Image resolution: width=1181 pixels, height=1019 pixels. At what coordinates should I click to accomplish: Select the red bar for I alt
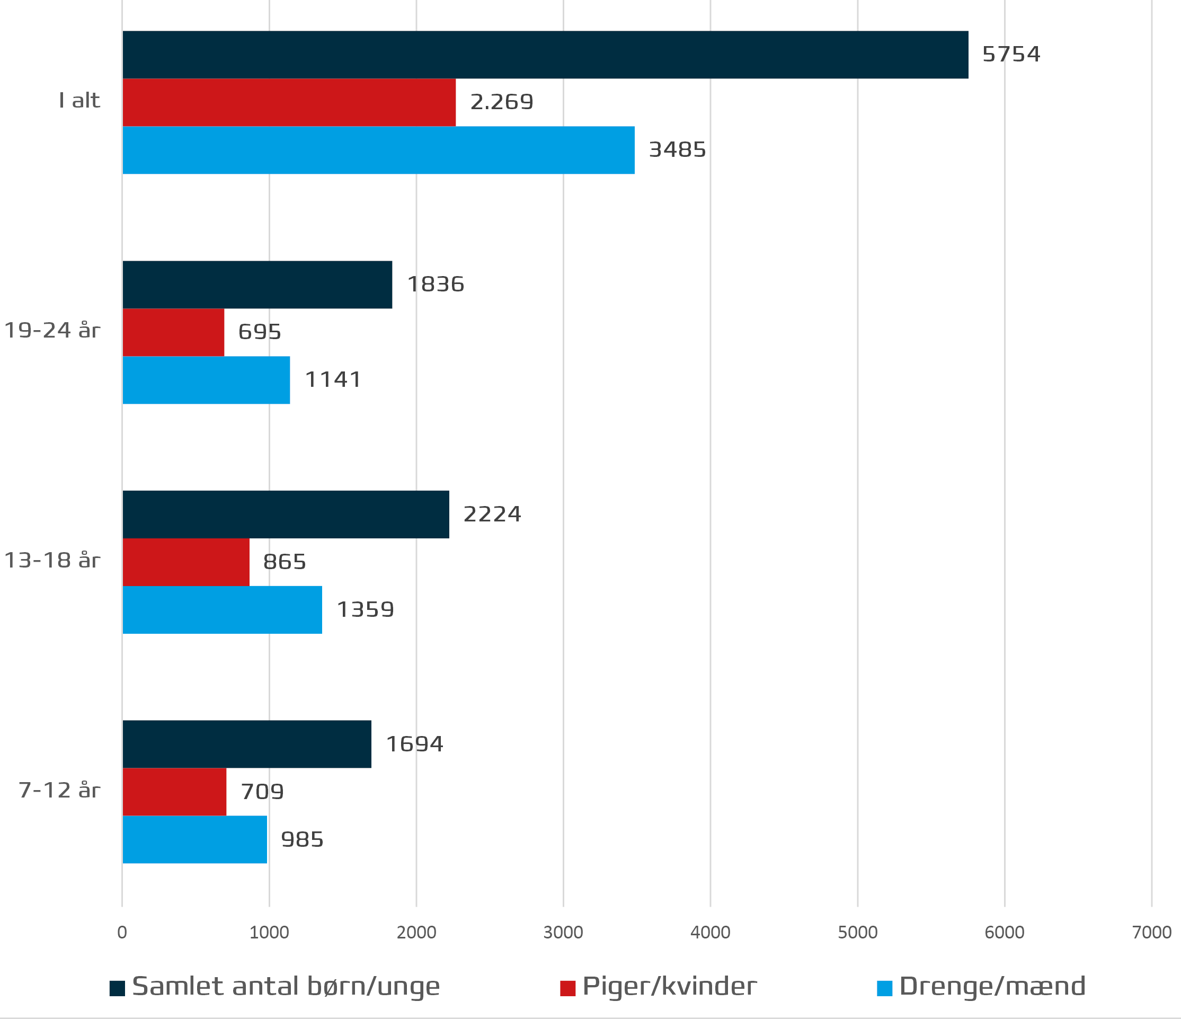click(289, 103)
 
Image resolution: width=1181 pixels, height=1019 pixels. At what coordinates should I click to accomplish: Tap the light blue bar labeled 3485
click(378, 150)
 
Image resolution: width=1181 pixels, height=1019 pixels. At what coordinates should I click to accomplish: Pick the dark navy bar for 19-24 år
click(257, 285)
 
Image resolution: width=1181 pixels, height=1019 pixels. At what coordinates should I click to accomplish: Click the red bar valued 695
click(173, 332)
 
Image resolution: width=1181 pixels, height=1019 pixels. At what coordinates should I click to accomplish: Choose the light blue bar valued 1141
click(206, 380)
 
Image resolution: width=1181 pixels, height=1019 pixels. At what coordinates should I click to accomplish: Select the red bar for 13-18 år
click(186, 562)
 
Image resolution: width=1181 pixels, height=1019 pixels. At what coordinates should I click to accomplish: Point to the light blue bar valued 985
click(194, 839)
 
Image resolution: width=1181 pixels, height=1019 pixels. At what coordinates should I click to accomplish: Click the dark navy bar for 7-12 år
click(247, 744)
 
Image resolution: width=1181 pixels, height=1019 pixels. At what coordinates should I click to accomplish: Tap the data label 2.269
click(502, 103)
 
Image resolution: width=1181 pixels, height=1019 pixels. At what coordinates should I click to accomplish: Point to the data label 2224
click(492, 515)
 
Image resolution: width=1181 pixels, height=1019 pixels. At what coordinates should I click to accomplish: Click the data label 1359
click(366, 610)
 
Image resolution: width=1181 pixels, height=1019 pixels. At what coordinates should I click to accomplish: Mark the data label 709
click(262, 792)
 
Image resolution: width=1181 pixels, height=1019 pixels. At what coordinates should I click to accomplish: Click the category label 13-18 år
click(52, 561)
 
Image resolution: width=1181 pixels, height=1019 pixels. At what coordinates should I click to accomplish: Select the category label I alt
click(79, 101)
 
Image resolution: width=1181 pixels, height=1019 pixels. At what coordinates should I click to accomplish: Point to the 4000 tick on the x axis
click(710, 933)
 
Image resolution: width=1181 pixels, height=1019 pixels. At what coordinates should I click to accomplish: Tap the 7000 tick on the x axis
click(1151, 933)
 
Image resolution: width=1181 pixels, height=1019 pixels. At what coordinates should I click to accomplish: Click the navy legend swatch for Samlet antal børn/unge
click(118, 988)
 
